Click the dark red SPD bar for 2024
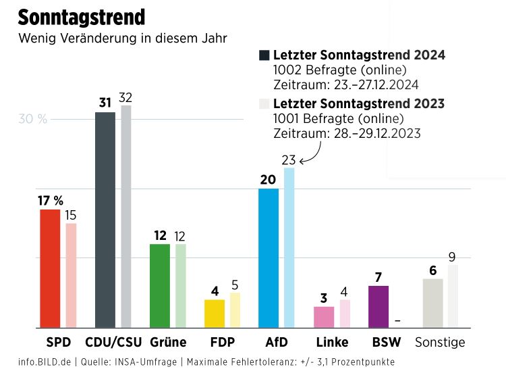click(50, 268)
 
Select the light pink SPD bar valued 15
click(71, 275)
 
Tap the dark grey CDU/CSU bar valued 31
click(105, 220)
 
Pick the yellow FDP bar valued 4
click(215, 314)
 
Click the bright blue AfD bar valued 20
click(269, 257)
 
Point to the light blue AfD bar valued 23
click(289, 247)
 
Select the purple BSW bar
click(378, 306)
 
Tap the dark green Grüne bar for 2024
click(160, 285)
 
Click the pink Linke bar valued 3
click(324, 316)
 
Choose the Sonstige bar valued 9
click(453, 296)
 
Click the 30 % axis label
click(32, 120)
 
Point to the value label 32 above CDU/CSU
click(125, 97)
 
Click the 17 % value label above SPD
click(51, 201)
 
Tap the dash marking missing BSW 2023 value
click(398, 320)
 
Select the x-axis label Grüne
click(168, 342)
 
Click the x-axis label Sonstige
click(440, 342)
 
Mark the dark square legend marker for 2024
click(264, 55)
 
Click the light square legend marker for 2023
click(264, 103)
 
